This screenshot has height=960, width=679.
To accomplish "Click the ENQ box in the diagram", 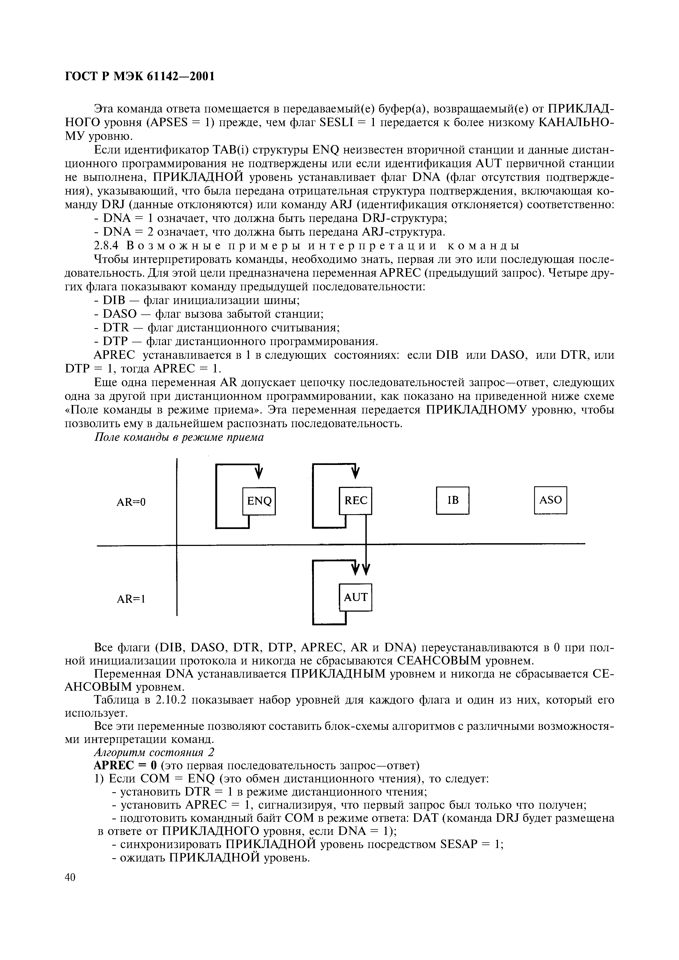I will tap(259, 501).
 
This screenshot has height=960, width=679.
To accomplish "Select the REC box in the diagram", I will tap(355, 501).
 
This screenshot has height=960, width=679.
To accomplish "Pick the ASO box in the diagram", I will tap(550, 500).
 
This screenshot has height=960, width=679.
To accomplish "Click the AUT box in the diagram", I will tap(355, 597).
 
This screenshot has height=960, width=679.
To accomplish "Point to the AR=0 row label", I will tap(131, 502).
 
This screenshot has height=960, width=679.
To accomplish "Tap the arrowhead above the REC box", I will tap(355, 472).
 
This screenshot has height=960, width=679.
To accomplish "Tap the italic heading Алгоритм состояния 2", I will tap(154, 752).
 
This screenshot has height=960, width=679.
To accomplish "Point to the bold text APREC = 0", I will tap(125, 766).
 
